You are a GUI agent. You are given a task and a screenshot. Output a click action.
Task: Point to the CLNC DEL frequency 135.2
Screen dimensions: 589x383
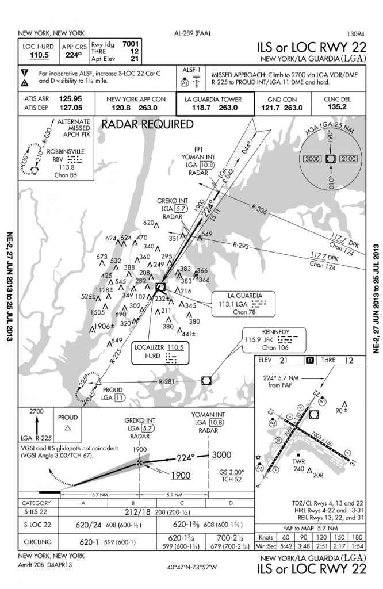pyautogui.click(x=336, y=106)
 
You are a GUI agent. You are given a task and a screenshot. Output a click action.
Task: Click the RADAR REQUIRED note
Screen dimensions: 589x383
pyautogui.click(x=148, y=124)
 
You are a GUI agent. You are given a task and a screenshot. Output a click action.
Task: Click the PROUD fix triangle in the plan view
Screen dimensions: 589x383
pyautogui.click(x=99, y=381)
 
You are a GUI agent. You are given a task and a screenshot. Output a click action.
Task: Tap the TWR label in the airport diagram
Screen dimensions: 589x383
pyautogui.click(x=298, y=462)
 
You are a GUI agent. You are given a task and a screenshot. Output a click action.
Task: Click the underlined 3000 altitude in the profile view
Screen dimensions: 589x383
pyautogui.click(x=221, y=454)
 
